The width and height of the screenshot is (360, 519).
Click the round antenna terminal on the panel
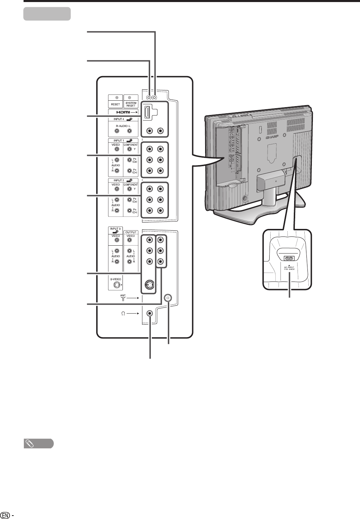pos(168,298)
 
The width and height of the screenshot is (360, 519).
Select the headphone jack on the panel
pos(149,313)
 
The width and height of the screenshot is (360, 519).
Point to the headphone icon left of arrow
pos(124,313)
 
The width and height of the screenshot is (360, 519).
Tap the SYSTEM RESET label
pos(131,104)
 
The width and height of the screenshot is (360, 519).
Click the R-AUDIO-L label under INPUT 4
pos(123,125)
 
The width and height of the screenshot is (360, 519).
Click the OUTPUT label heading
pos(131,232)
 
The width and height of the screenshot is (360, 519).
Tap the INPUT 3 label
pos(115,228)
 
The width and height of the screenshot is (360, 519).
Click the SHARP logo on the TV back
pos(272,138)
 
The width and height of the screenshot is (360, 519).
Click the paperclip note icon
pos(30,444)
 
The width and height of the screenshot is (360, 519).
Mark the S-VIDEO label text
pos(115,279)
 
